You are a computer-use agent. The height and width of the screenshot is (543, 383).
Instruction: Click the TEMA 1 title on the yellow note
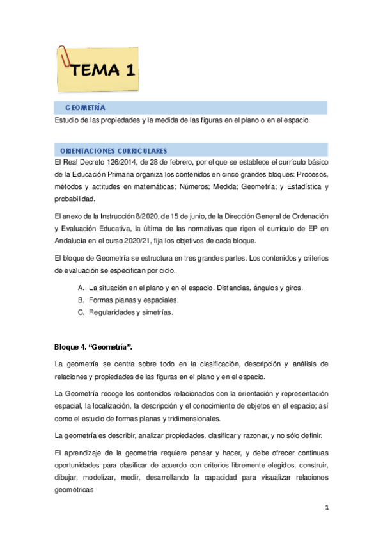104,70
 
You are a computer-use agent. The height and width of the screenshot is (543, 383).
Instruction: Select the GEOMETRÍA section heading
85,108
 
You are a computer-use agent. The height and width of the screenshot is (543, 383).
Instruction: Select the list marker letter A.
81,288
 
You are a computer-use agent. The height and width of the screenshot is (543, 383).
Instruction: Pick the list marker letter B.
81,300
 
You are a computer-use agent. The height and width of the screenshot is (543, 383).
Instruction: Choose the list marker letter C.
81,313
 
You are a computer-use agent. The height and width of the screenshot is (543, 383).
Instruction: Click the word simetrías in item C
155,313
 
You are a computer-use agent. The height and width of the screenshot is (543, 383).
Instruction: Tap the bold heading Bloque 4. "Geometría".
93,347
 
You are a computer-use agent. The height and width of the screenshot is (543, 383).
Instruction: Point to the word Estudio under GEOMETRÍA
68,120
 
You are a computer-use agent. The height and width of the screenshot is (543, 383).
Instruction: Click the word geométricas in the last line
75,491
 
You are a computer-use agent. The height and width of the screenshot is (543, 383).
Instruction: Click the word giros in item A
293,288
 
